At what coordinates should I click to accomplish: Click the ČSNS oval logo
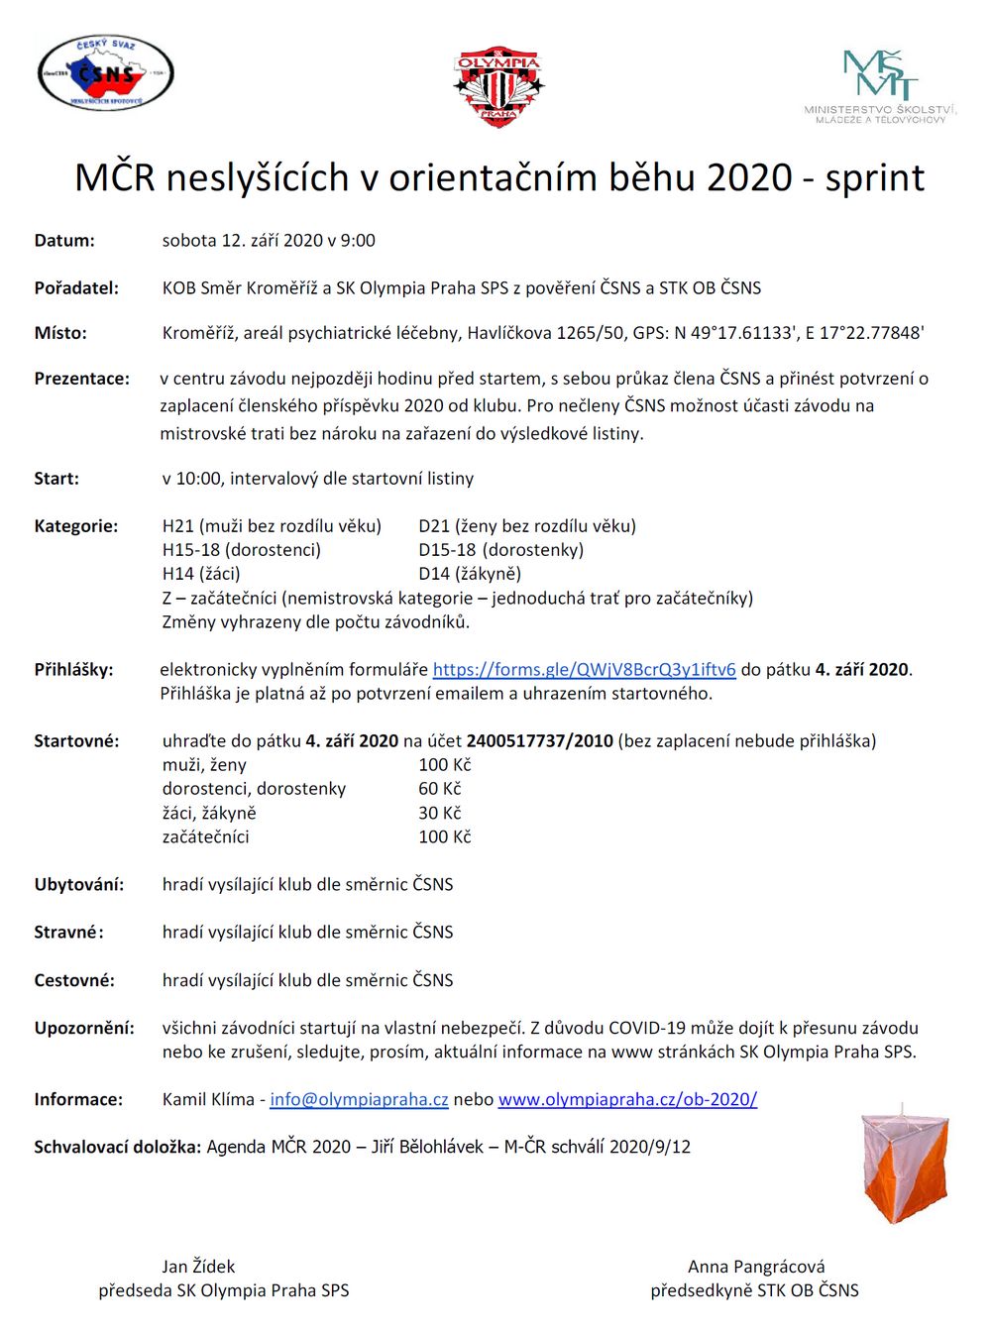point(106,72)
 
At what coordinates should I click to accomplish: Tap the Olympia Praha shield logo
point(498,85)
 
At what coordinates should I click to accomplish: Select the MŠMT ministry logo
point(880,85)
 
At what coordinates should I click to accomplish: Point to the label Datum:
point(64,241)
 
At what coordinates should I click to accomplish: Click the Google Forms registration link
point(585,670)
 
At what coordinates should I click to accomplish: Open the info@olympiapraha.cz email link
point(359,1099)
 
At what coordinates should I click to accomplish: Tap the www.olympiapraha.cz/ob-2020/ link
point(627,1099)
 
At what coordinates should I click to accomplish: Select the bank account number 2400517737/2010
point(540,741)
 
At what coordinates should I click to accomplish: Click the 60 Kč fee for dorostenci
point(440,789)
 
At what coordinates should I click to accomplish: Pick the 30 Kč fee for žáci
point(440,813)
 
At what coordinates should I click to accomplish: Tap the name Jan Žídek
point(198,1267)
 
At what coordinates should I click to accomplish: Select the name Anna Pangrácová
point(756,1267)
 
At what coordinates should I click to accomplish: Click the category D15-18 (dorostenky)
point(501,550)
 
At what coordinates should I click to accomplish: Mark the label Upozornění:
point(84,1028)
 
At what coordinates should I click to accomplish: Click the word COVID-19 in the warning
point(648,1028)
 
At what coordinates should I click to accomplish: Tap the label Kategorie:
point(76,526)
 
